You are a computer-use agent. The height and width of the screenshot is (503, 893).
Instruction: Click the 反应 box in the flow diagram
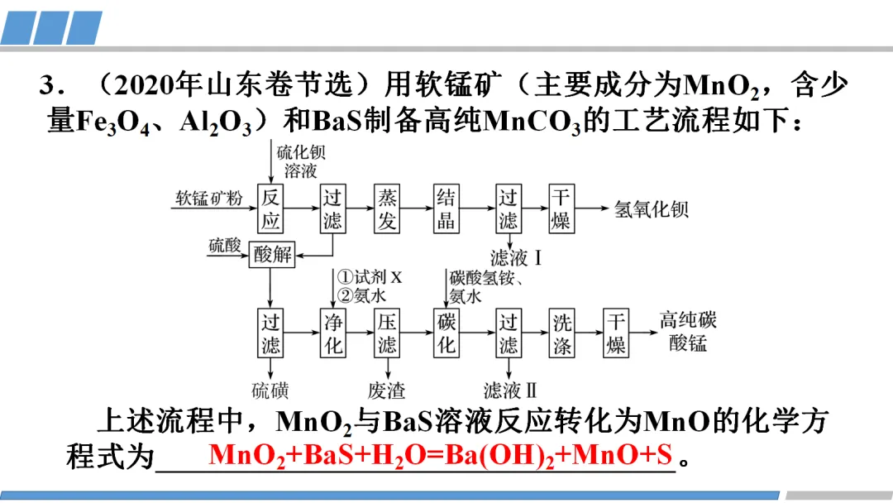pyautogui.click(x=271, y=208)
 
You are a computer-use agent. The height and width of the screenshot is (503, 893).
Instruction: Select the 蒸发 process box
pyautogui.click(x=387, y=208)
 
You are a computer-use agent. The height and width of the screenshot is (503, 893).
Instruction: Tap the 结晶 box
pyautogui.click(x=446, y=208)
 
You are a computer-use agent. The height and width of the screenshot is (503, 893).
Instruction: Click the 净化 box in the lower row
pyautogui.click(x=332, y=333)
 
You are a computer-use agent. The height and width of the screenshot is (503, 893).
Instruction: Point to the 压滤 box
pyautogui.click(x=387, y=333)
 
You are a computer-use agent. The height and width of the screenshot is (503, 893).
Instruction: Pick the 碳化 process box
pyautogui.click(x=446, y=333)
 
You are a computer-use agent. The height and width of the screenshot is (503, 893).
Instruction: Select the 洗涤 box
pyautogui.click(x=562, y=333)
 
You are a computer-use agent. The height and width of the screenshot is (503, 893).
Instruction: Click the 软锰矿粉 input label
pyautogui.click(x=208, y=199)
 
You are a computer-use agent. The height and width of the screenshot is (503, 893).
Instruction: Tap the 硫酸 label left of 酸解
pyautogui.click(x=224, y=245)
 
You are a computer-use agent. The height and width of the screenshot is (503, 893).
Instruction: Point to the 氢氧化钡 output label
pyautogui.click(x=652, y=208)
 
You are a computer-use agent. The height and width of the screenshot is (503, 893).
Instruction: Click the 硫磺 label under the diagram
pyautogui.click(x=270, y=390)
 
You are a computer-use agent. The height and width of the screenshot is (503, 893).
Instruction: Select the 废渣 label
pyautogui.click(x=387, y=390)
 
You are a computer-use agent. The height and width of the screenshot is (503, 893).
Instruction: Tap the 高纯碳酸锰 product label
pyautogui.click(x=688, y=331)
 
